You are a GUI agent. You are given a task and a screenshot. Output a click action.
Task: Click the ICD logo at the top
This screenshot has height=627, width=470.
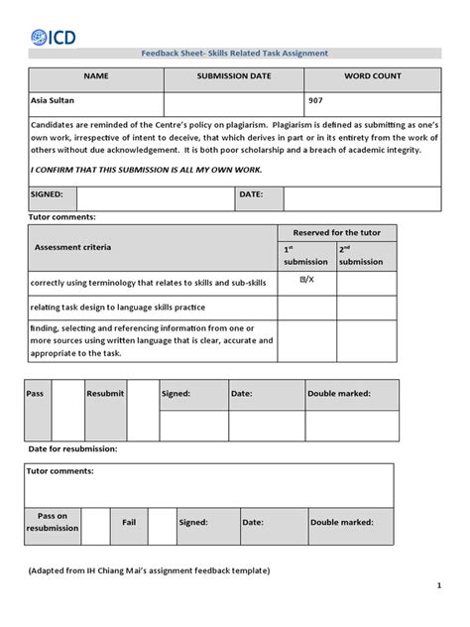pyautogui.click(x=53, y=37)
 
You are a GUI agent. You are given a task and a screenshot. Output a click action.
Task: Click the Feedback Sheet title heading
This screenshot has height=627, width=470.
pyautogui.click(x=235, y=54)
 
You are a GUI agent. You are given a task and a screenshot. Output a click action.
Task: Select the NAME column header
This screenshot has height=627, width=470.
pyautogui.click(x=95, y=76)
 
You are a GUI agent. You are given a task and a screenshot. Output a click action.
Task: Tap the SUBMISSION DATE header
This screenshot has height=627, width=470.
pyautogui.click(x=233, y=76)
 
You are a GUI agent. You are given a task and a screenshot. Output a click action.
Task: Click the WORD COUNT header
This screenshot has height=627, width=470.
pyautogui.click(x=372, y=76)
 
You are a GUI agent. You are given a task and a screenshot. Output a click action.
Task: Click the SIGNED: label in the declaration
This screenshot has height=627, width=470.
pyautogui.click(x=48, y=195)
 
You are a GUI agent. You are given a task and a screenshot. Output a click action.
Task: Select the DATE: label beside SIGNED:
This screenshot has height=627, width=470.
pyautogui.click(x=250, y=195)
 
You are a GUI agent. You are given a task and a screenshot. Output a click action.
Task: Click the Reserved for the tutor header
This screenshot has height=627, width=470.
pyautogui.click(x=336, y=232)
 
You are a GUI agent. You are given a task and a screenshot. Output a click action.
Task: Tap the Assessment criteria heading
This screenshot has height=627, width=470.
pyautogui.click(x=73, y=247)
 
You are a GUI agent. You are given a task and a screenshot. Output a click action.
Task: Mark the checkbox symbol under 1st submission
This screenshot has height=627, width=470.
pyautogui.click(x=305, y=282)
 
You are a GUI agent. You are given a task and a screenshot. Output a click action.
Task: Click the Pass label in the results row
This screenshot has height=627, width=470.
pyautogui.click(x=36, y=394)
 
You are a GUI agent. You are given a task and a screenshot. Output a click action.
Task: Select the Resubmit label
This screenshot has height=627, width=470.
pyautogui.click(x=106, y=394)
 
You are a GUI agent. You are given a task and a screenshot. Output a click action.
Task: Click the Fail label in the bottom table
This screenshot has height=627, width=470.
pyautogui.click(x=129, y=521)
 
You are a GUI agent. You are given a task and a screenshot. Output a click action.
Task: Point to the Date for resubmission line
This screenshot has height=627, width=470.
pyautogui.click(x=71, y=449)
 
